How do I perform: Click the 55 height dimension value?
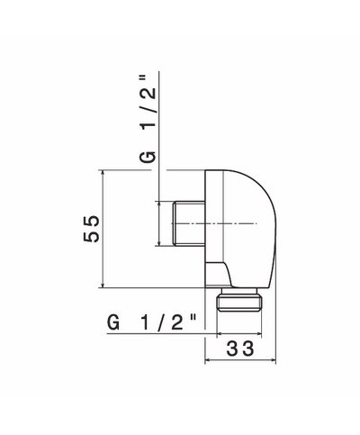tap(91, 229)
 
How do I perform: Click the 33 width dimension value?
tap(240, 349)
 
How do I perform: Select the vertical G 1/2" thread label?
tap(148, 119)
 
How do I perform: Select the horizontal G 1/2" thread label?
tap(152, 322)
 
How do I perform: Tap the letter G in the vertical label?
tap(148, 157)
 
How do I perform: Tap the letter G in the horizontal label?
tap(113, 323)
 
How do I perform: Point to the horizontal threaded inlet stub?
tap(189, 223)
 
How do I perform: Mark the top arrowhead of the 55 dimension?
tap(103, 172)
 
